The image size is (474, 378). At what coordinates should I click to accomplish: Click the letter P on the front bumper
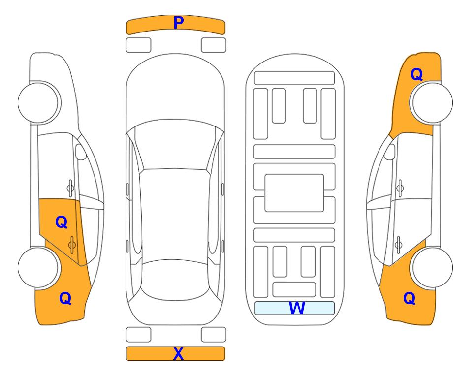(179, 23)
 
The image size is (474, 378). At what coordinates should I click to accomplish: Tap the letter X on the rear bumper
(178, 353)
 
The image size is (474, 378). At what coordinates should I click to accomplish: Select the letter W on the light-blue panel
(297, 308)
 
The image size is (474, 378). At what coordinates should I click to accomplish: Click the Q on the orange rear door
(62, 222)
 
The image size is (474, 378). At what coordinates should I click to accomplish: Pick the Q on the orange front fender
(416, 74)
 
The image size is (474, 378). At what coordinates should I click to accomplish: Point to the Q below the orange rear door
(65, 298)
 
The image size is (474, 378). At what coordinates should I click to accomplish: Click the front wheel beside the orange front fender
(431, 102)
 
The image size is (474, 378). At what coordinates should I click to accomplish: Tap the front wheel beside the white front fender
(39, 102)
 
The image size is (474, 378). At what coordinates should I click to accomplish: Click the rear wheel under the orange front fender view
(431, 267)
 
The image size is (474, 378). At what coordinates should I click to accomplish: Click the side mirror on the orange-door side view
(80, 152)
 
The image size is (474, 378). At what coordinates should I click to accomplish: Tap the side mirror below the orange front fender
(389, 152)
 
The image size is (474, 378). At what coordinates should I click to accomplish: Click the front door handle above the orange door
(70, 188)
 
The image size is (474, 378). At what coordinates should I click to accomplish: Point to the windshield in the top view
(175, 145)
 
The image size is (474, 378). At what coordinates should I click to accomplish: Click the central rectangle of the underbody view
(294, 193)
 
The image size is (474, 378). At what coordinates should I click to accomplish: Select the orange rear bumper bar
(175, 353)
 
